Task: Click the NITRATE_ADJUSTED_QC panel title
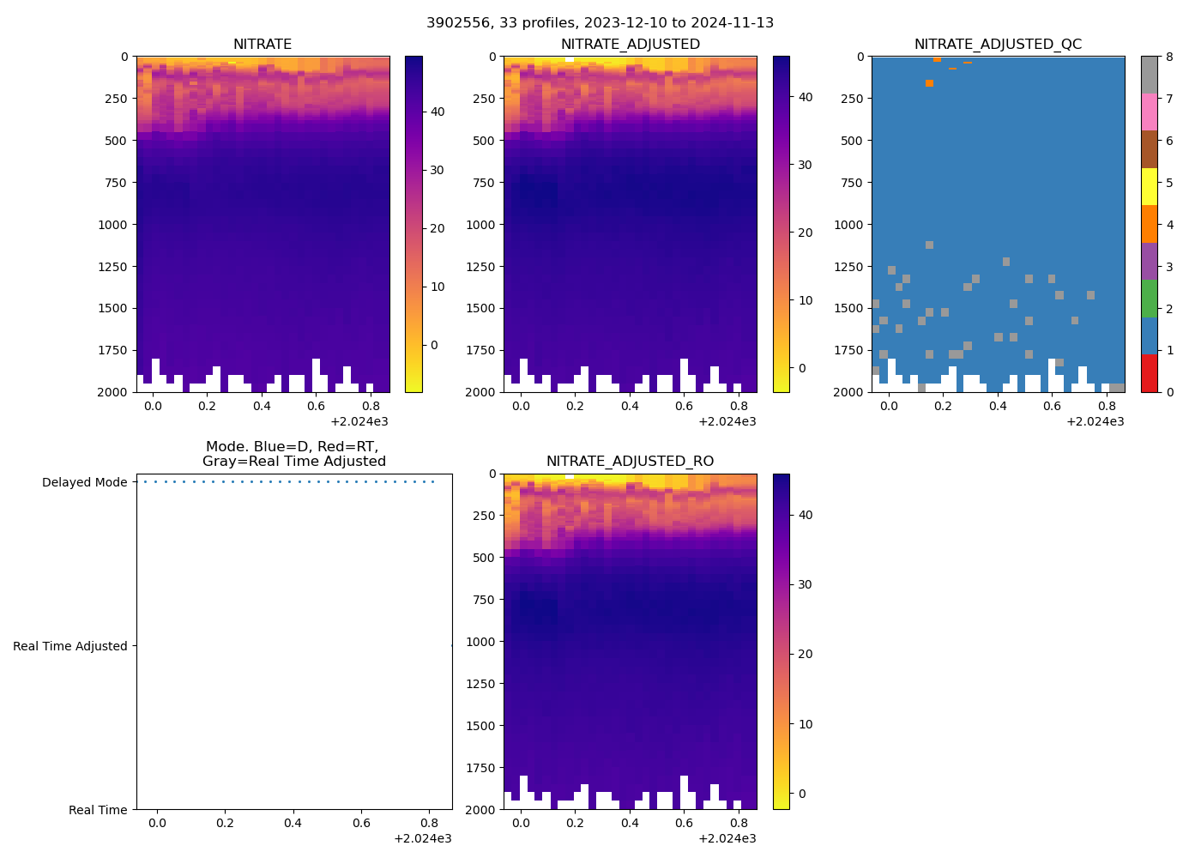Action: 998,45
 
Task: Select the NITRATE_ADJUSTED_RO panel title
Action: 630,462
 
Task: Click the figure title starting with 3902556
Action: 600,23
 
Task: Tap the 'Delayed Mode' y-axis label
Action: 84,482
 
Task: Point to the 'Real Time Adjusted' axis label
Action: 70,646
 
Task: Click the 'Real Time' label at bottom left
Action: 98,810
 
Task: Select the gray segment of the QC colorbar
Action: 1150,75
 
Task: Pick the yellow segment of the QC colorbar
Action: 1150,186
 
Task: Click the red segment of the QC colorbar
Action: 1150,373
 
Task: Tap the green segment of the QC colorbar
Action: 1150,299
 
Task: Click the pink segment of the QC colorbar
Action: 1150,112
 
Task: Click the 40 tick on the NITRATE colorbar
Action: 437,112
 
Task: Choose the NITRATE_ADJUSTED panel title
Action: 630,45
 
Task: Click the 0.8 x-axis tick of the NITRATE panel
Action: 371,406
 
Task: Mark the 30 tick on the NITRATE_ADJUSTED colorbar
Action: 805,165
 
